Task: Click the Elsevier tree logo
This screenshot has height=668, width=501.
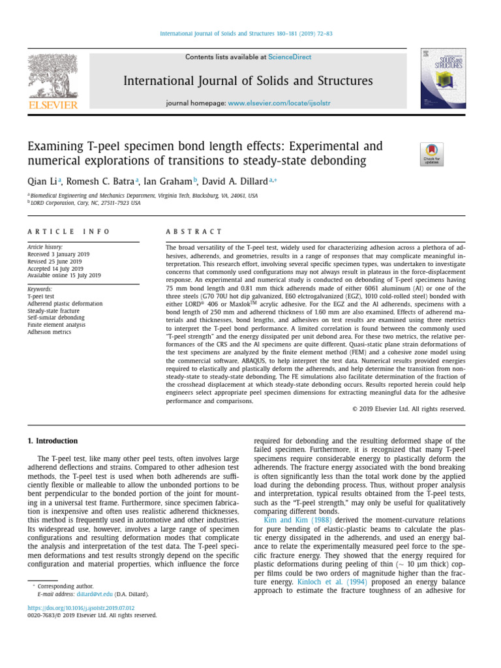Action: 52,77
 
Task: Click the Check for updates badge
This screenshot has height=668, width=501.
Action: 431,154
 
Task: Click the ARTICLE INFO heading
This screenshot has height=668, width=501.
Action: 68,232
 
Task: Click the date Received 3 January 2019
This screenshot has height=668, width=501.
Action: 58,254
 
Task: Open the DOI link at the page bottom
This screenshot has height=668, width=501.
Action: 81,607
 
